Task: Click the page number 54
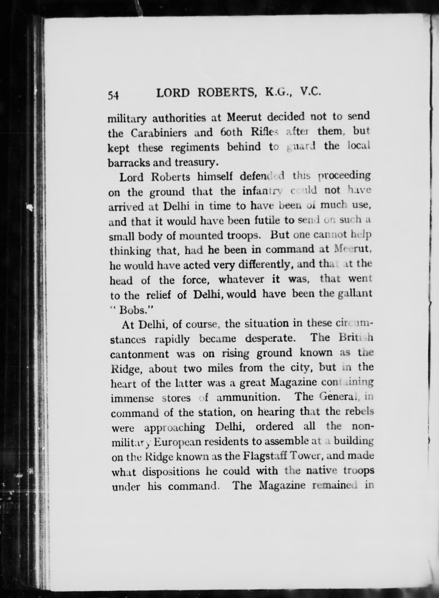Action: [x=113, y=94]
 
